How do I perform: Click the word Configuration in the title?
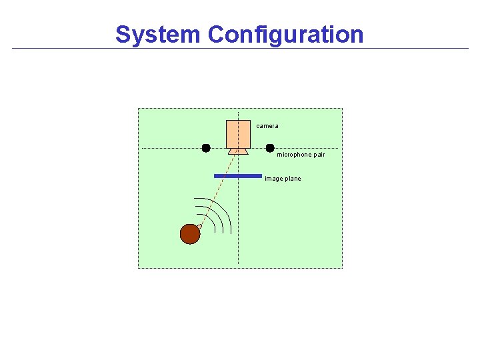pyautogui.click(x=285, y=34)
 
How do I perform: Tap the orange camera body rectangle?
pyautogui.click(x=238, y=133)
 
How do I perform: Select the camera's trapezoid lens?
pyautogui.click(x=238, y=151)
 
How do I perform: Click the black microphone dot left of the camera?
pyautogui.click(x=206, y=148)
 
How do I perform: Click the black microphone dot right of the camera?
pyautogui.click(x=270, y=148)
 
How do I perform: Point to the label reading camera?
pyautogui.click(x=267, y=126)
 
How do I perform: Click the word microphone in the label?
pyautogui.click(x=293, y=155)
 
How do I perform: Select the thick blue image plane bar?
pyautogui.click(x=238, y=176)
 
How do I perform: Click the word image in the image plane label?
pyautogui.click(x=273, y=179)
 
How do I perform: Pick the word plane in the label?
pyautogui.click(x=293, y=179)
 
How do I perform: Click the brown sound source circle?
pyautogui.click(x=189, y=234)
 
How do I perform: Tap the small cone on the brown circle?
pyautogui.click(x=199, y=227)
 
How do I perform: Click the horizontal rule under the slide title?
pyautogui.click(x=240, y=49)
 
